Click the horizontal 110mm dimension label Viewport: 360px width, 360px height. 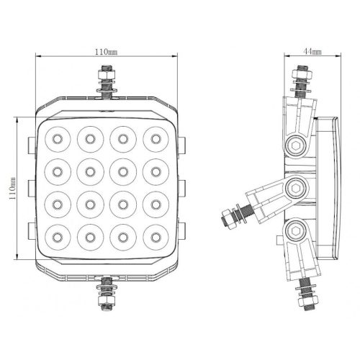click(x=107, y=52)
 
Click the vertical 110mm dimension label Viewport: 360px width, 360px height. click(x=12, y=189)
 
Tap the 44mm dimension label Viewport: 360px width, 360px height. click(x=312, y=51)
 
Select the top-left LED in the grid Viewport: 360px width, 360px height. click(x=58, y=139)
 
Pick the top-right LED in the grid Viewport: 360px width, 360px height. click(x=156, y=139)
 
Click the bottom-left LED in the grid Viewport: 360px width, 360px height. click(x=58, y=238)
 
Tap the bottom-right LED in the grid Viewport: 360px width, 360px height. click(x=156, y=238)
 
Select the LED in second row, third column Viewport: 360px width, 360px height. click(x=123, y=172)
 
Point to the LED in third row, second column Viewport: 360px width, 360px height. click(x=90, y=204)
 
